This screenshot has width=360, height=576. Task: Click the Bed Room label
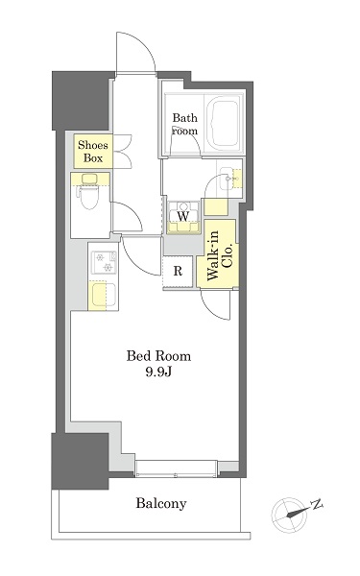[x=158, y=356]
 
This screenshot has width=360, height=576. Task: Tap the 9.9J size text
[x=158, y=372]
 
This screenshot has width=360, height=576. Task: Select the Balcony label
[x=161, y=503]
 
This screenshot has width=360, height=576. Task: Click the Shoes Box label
[x=93, y=152]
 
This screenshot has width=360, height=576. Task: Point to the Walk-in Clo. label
[x=220, y=255]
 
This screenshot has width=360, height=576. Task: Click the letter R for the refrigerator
[x=178, y=271]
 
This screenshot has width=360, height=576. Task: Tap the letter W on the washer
[x=183, y=216]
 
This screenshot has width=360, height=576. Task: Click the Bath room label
[x=185, y=124]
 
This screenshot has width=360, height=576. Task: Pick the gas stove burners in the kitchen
[x=104, y=262]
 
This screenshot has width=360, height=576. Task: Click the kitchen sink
[x=104, y=296]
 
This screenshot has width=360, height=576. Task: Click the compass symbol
[x=289, y=515]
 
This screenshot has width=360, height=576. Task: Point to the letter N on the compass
[x=317, y=505]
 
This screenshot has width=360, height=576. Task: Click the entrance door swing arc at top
[x=135, y=52]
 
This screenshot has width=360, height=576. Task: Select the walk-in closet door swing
[x=216, y=305]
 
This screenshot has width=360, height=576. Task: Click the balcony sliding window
[x=177, y=469]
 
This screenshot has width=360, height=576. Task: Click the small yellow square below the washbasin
[x=216, y=206]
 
